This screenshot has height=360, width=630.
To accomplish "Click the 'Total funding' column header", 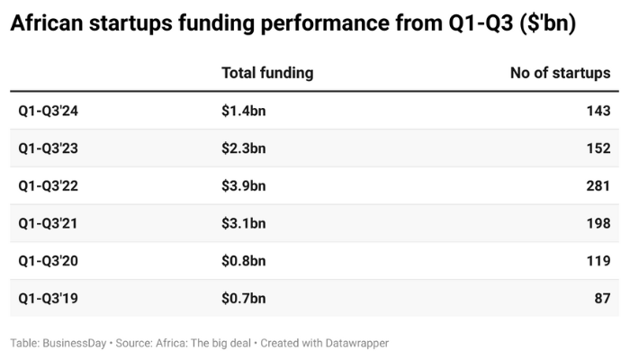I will click(267, 73).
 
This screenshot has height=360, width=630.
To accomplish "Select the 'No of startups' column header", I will click(560, 73).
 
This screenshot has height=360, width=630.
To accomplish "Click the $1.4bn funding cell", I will click(244, 111).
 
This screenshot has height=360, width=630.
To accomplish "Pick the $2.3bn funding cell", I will click(244, 148).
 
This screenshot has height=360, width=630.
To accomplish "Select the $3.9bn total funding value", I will click(244, 185).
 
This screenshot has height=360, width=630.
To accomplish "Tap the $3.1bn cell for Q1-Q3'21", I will click(244, 223).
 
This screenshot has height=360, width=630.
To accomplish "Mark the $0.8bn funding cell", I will click(244, 261).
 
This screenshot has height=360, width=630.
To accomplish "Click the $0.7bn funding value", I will click(244, 298).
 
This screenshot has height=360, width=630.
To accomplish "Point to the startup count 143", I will click(598, 111).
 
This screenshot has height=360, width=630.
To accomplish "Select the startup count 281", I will click(598, 185).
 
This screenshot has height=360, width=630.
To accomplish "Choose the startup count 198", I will click(598, 223).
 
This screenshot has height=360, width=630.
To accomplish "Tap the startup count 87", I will click(602, 298).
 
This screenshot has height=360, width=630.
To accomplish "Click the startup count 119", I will click(598, 261).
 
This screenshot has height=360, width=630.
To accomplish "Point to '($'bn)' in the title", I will click(543, 24).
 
